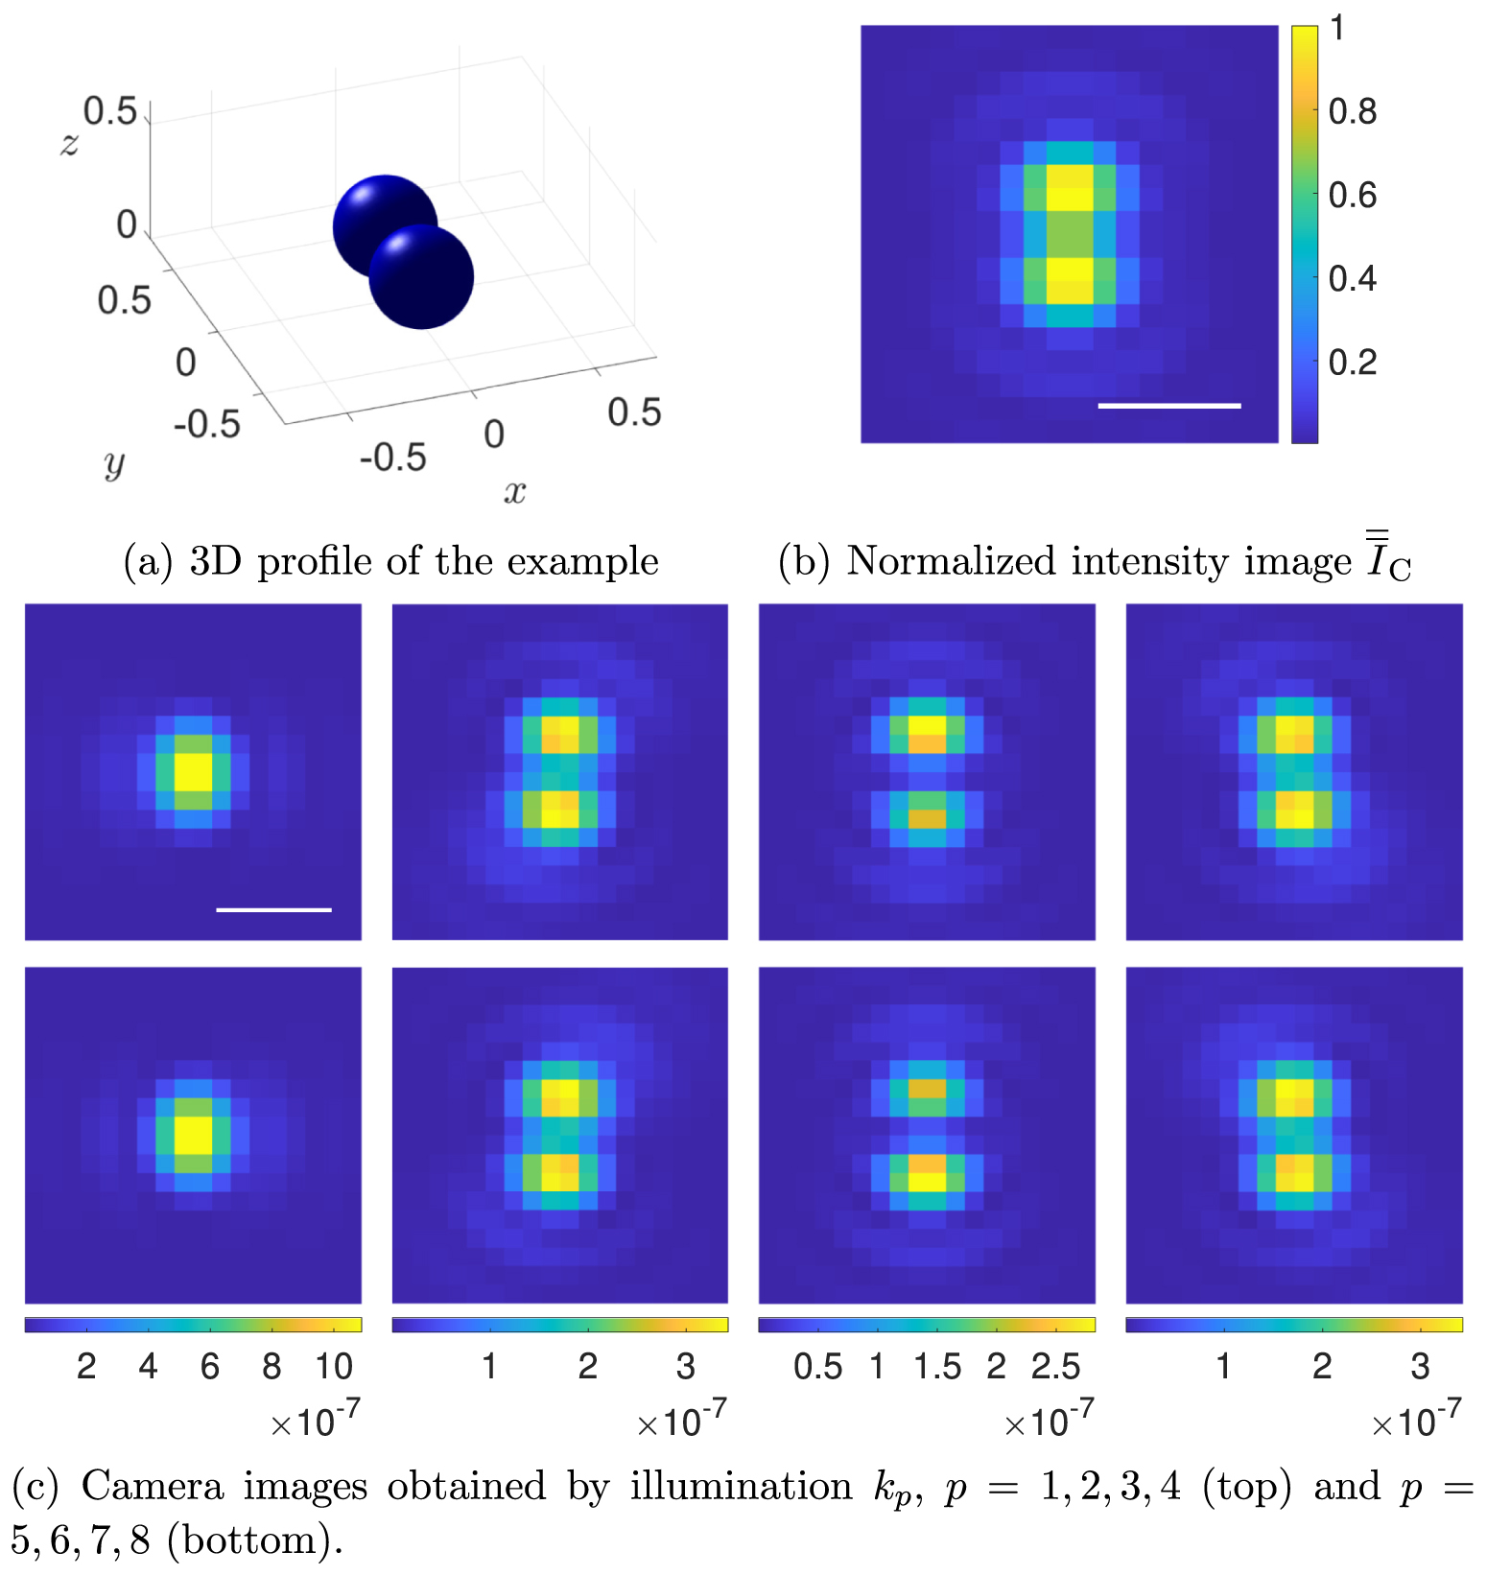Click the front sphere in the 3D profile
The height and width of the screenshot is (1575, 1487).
coord(422,278)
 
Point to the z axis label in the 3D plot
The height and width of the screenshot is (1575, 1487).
coord(69,144)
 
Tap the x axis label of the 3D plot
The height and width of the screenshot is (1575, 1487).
coord(515,492)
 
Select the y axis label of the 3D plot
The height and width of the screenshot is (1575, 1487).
coord(114,463)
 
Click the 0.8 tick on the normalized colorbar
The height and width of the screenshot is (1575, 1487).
coord(1352,112)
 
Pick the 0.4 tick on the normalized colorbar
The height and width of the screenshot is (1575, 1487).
coord(1352,279)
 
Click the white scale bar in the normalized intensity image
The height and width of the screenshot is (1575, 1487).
coord(1168,406)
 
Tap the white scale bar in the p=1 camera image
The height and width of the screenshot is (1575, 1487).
coord(273,909)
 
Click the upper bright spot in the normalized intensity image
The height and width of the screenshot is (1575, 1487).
coord(1069,187)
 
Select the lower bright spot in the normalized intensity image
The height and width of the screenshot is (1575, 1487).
coord(1069,280)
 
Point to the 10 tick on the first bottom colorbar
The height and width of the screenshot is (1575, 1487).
coord(334,1367)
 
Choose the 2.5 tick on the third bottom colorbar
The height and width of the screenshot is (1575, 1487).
coord(1055,1367)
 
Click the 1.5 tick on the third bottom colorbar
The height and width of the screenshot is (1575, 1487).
coord(937,1367)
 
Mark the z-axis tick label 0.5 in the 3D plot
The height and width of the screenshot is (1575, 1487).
coord(110,111)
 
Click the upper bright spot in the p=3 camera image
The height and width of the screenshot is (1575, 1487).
coord(927,734)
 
